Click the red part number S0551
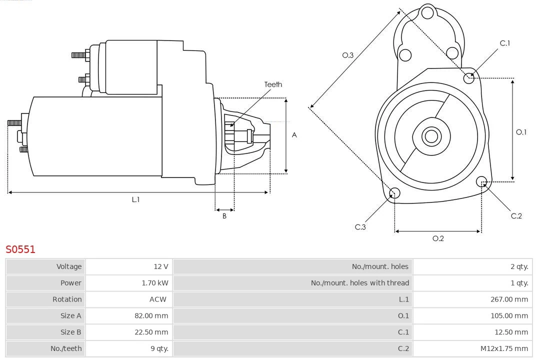[20, 249]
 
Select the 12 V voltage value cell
[161, 266]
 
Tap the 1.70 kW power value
[155, 283]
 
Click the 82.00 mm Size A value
[151, 316]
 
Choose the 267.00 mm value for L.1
[508, 299]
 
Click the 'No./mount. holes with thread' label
[359, 283]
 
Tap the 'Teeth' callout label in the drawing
[273, 84]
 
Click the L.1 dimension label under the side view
[135, 199]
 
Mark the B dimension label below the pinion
[224, 216]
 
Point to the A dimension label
[294, 135]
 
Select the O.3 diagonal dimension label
[348, 55]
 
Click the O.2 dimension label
[438, 238]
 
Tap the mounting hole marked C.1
[469, 77]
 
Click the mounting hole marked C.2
[481, 181]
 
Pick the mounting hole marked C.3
[394, 193]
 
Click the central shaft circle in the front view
[430, 136]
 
